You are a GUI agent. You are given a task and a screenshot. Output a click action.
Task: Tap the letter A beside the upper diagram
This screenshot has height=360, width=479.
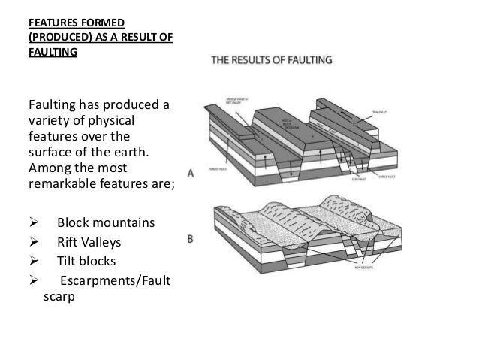191,172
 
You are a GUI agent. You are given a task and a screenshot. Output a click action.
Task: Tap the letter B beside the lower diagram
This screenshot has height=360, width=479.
191,241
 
